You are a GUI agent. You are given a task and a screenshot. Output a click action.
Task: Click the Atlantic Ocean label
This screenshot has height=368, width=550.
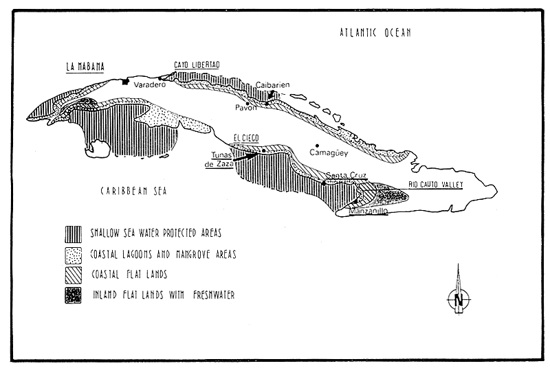pyautogui.click(x=375, y=32)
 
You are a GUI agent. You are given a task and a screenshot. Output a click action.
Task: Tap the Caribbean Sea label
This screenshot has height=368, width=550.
pyautogui.click(x=133, y=191)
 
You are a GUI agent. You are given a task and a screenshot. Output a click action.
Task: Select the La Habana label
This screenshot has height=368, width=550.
pyautogui.click(x=85, y=67)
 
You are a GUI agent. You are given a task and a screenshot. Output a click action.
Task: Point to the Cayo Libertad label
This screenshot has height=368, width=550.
pyautogui.click(x=197, y=65)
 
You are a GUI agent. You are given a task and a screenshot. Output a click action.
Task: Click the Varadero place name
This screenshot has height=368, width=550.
pyautogui.click(x=150, y=84)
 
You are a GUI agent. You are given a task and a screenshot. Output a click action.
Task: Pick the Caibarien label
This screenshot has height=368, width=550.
pyautogui.click(x=272, y=84)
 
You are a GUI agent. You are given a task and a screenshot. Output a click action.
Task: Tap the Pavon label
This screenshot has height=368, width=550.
pyautogui.click(x=245, y=108)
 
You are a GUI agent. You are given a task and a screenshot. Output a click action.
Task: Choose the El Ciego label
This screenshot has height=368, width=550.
pyautogui.click(x=246, y=138)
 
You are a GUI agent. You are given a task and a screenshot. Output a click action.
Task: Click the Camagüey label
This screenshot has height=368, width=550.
pyautogui.click(x=329, y=153)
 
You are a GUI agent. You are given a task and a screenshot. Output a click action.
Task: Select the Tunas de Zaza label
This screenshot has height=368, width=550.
pyautogui.click(x=219, y=159)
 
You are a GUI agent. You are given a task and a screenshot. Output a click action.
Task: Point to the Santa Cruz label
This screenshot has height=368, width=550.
pyautogui.click(x=346, y=175)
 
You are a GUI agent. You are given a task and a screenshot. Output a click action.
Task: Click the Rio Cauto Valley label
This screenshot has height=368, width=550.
pyautogui.click(x=436, y=185)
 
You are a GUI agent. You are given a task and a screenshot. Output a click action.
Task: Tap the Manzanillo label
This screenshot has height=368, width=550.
pyautogui.click(x=368, y=211)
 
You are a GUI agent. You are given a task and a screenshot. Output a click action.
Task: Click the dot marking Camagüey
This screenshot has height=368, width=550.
pyautogui.click(x=317, y=146)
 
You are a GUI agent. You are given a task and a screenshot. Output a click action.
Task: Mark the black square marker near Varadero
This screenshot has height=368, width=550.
pyautogui.click(x=125, y=82)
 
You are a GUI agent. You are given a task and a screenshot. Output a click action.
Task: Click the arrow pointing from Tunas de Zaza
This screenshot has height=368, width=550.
pyautogui.click(x=245, y=157)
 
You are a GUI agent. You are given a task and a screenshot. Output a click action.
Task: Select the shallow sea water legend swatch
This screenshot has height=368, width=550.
pyautogui.click(x=74, y=234)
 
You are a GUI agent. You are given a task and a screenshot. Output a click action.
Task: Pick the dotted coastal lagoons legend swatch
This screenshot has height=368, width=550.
pyautogui.click(x=74, y=255)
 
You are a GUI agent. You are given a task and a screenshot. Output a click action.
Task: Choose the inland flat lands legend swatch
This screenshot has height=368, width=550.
pyautogui.click(x=73, y=295)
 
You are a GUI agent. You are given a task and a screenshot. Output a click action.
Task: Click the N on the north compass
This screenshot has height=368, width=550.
pyautogui.click(x=459, y=300)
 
